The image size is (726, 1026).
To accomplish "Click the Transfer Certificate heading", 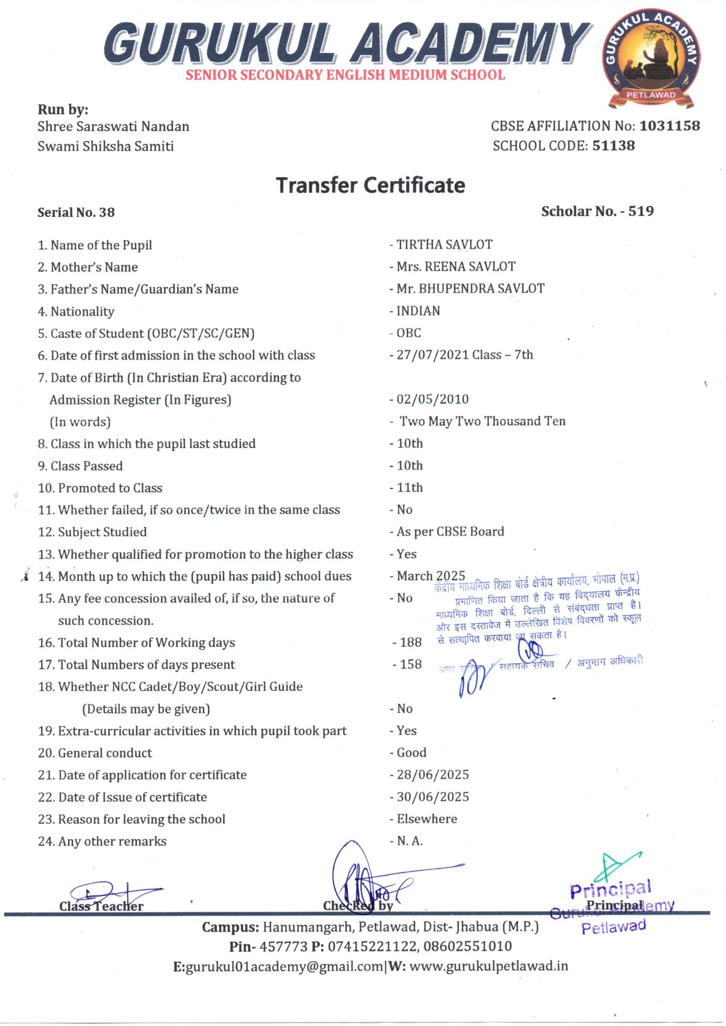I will tap(371, 185).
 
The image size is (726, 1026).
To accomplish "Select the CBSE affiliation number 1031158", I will tap(669, 126).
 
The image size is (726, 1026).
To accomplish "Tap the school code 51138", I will tap(613, 146).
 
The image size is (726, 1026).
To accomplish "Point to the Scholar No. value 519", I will tap(641, 211).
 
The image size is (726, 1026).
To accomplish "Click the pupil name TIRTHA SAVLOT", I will tap(444, 245).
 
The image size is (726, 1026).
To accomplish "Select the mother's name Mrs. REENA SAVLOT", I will tap(456, 266).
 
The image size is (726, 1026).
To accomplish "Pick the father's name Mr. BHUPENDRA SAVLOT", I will tap(470, 289).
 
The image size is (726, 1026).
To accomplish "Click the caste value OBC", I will tap(408, 333).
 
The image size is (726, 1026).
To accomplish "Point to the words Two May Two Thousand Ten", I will tap(482, 421).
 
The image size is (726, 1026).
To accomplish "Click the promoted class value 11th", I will tap(409, 488).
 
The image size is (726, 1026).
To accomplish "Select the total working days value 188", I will tap(410, 642).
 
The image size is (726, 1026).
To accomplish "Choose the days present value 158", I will tap(410, 665).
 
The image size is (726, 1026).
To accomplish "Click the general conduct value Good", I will tap(411, 753).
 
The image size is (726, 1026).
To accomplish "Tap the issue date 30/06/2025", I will tap(432, 797).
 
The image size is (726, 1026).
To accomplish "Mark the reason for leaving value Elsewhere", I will tap(427, 819).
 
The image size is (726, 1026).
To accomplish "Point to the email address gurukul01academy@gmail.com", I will tap(284, 967).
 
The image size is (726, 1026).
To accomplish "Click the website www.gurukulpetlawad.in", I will tap(488, 967).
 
